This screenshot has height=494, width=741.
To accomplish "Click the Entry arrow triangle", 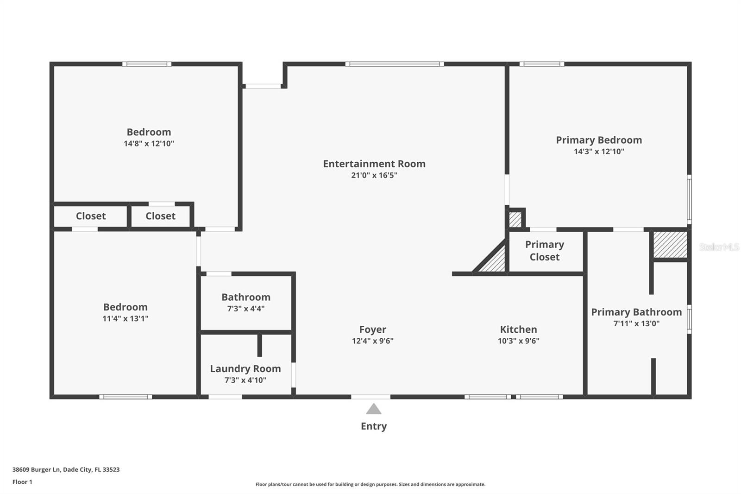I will [x=374, y=409].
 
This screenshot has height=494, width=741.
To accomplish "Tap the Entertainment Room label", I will [x=374, y=164].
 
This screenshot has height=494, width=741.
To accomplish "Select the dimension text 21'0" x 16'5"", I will [x=374, y=175].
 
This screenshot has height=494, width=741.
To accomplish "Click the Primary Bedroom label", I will [x=599, y=140].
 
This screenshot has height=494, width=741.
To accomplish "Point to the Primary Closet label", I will [x=545, y=251].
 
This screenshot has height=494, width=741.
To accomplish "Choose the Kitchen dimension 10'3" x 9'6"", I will [x=518, y=341].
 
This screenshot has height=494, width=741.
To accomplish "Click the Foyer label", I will [x=372, y=329].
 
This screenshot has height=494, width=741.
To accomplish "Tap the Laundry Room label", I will [x=245, y=369].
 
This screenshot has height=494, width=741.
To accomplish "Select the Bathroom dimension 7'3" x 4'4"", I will [x=245, y=309].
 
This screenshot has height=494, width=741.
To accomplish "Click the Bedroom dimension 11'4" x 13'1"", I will [x=126, y=319].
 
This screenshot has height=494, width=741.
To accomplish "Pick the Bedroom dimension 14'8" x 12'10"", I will [x=149, y=144].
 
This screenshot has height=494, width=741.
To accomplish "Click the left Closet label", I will [x=91, y=216].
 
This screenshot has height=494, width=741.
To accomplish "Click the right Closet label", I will [x=160, y=216].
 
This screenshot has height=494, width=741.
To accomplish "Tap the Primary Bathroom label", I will [x=636, y=312].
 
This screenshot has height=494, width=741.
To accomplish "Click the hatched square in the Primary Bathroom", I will [x=670, y=245].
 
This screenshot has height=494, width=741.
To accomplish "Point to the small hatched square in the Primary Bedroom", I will [x=515, y=219].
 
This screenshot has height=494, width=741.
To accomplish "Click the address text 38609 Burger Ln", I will [x=37, y=469].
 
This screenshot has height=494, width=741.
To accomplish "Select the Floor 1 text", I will [x=22, y=482].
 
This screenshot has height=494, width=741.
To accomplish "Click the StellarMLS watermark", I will [x=719, y=247].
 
